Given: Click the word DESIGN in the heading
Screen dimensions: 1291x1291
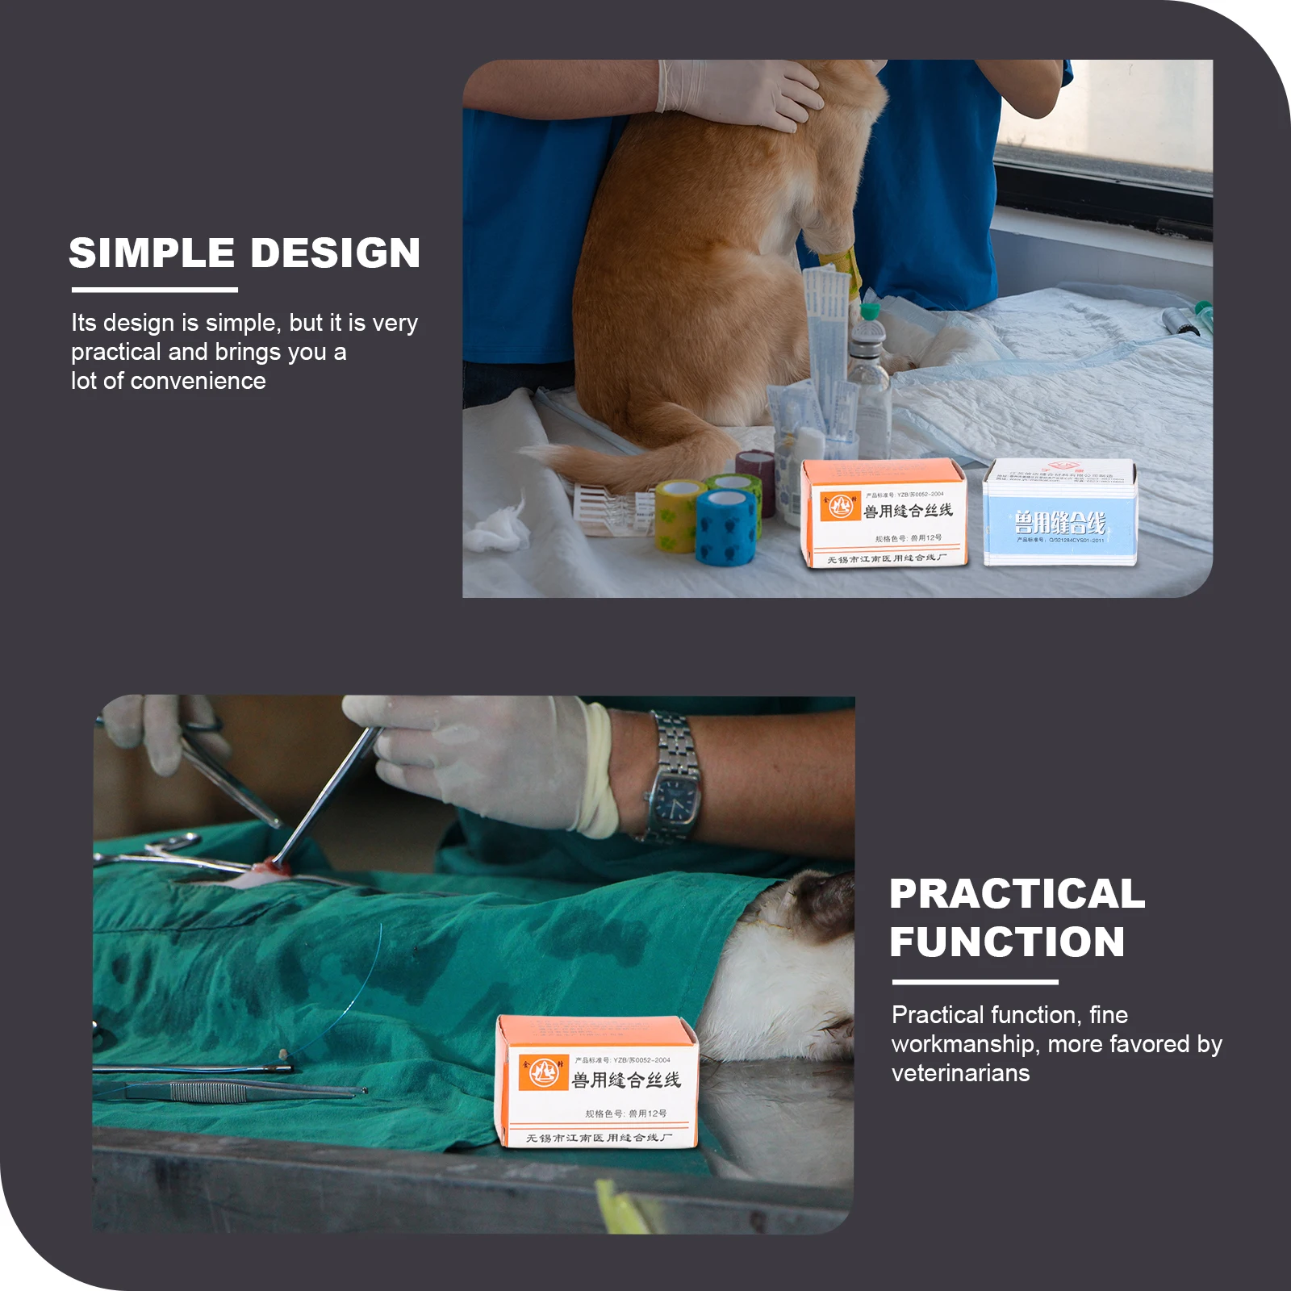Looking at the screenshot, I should [336, 253].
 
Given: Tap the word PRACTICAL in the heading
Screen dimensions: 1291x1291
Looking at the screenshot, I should [1017, 894].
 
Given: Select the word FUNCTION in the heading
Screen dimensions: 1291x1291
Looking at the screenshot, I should [1007, 942].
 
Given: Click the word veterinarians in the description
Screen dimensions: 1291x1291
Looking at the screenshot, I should [960, 1073].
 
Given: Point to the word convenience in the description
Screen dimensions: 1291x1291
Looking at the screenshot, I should [198, 381].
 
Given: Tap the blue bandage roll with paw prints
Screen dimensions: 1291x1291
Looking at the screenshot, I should [728, 529].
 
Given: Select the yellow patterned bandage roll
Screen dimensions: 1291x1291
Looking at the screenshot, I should [679, 516].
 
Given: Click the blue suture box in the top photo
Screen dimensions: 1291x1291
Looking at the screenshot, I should [1059, 512].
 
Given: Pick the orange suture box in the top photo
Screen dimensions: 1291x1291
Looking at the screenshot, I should [884, 513].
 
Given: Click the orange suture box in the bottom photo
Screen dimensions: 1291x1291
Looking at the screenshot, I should [597, 1081].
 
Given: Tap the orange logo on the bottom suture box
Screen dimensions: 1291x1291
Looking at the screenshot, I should [541, 1072].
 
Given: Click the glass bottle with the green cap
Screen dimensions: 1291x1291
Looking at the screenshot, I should [870, 363].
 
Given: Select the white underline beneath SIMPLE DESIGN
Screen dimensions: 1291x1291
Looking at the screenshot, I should [154, 290].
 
